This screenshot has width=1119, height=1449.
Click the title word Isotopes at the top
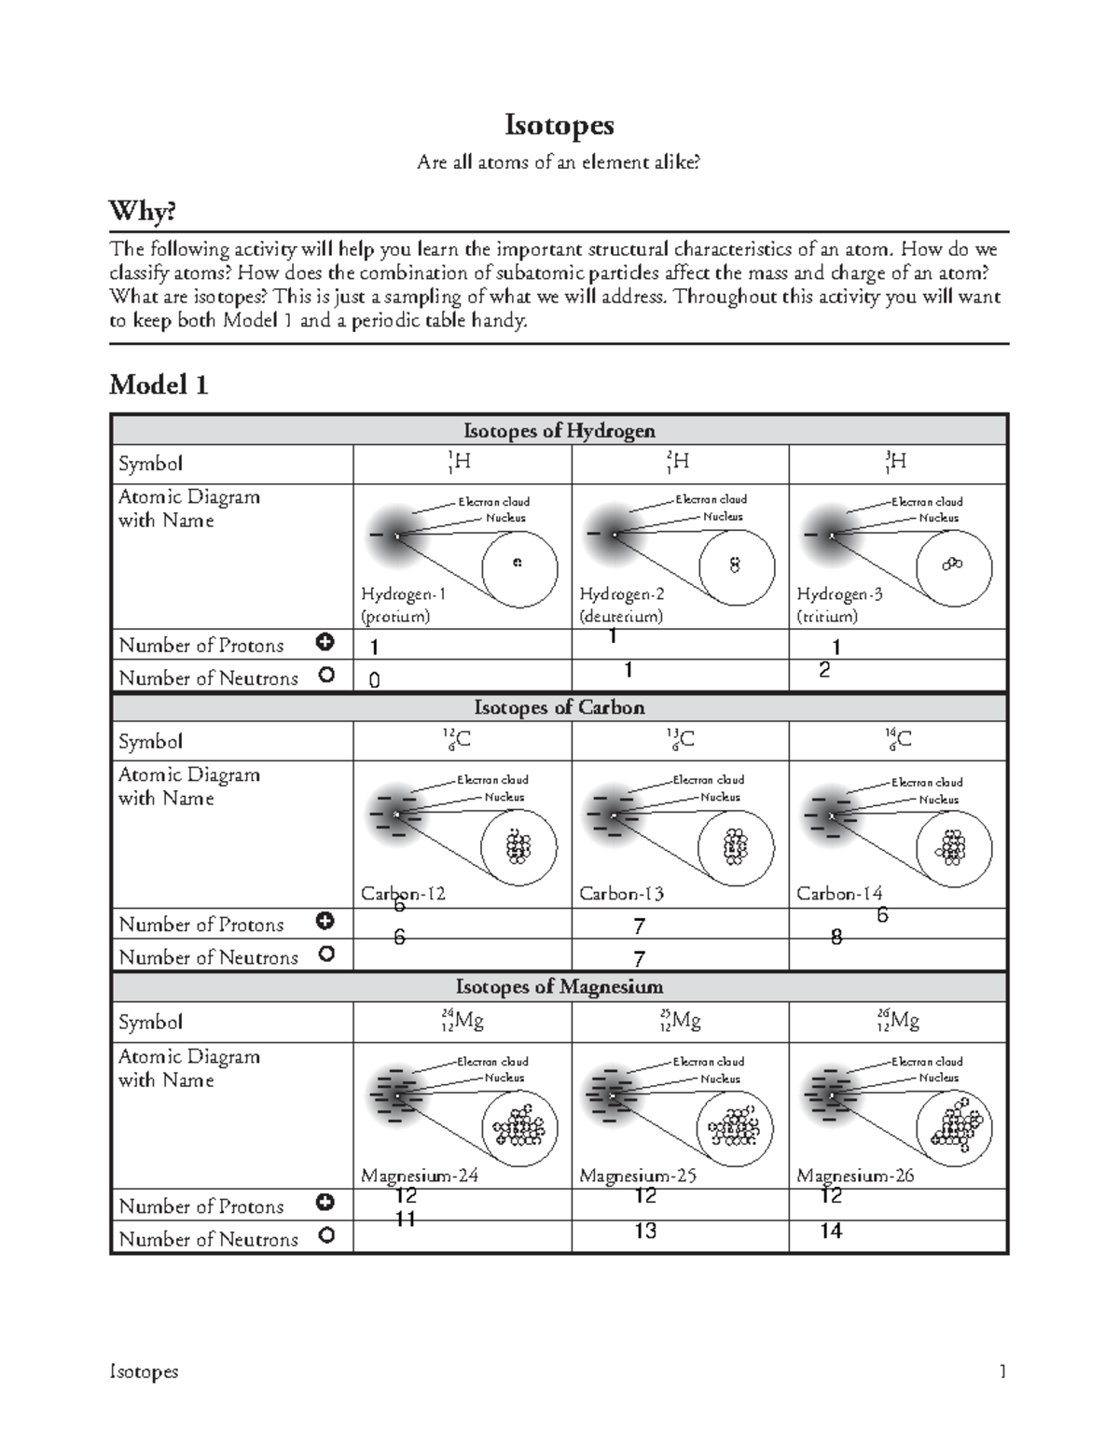click(559, 125)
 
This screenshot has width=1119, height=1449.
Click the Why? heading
click(143, 212)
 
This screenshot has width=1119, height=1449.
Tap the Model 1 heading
click(159, 384)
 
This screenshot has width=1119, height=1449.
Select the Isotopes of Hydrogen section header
click(559, 430)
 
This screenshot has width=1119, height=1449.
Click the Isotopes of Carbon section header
click(559, 707)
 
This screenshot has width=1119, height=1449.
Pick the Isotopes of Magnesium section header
click(559, 986)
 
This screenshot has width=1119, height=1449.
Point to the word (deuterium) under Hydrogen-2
click(621, 617)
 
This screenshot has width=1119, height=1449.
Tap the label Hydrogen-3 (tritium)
click(838, 605)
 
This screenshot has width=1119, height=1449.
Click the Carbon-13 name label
click(621, 894)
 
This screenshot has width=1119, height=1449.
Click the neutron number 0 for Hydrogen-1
click(374, 681)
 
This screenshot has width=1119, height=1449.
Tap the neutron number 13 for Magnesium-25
click(645, 1232)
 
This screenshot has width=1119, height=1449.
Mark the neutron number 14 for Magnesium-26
click(831, 1232)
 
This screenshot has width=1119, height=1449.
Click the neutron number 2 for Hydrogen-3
click(823, 670)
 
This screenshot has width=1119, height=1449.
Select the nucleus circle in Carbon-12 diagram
click(518, 847)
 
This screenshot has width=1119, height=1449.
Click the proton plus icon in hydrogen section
click(325, 643)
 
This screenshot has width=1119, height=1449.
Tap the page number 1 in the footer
click(1002, 1372)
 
